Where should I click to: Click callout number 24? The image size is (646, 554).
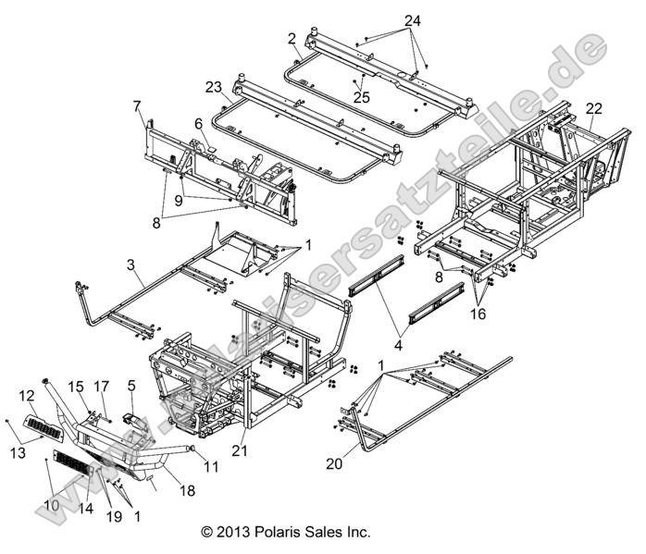pyautogui.click(x=412, y=19)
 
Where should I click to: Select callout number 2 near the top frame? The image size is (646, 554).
pyautogui.click(x=292, y=38)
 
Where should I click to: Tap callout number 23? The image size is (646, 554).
pyautogui.click(x=214, y=88)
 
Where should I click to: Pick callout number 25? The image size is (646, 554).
pyautogui.click(x=359, y=96)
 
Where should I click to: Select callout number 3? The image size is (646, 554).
pyautogui.click(x=132, y=265)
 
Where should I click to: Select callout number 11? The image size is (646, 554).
pyautogui.click(x=211, y=467)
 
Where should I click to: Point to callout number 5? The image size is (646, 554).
pyautogui.click(x=131, y=386)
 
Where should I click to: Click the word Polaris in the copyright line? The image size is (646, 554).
pyautogui.click(x=290, y=533)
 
